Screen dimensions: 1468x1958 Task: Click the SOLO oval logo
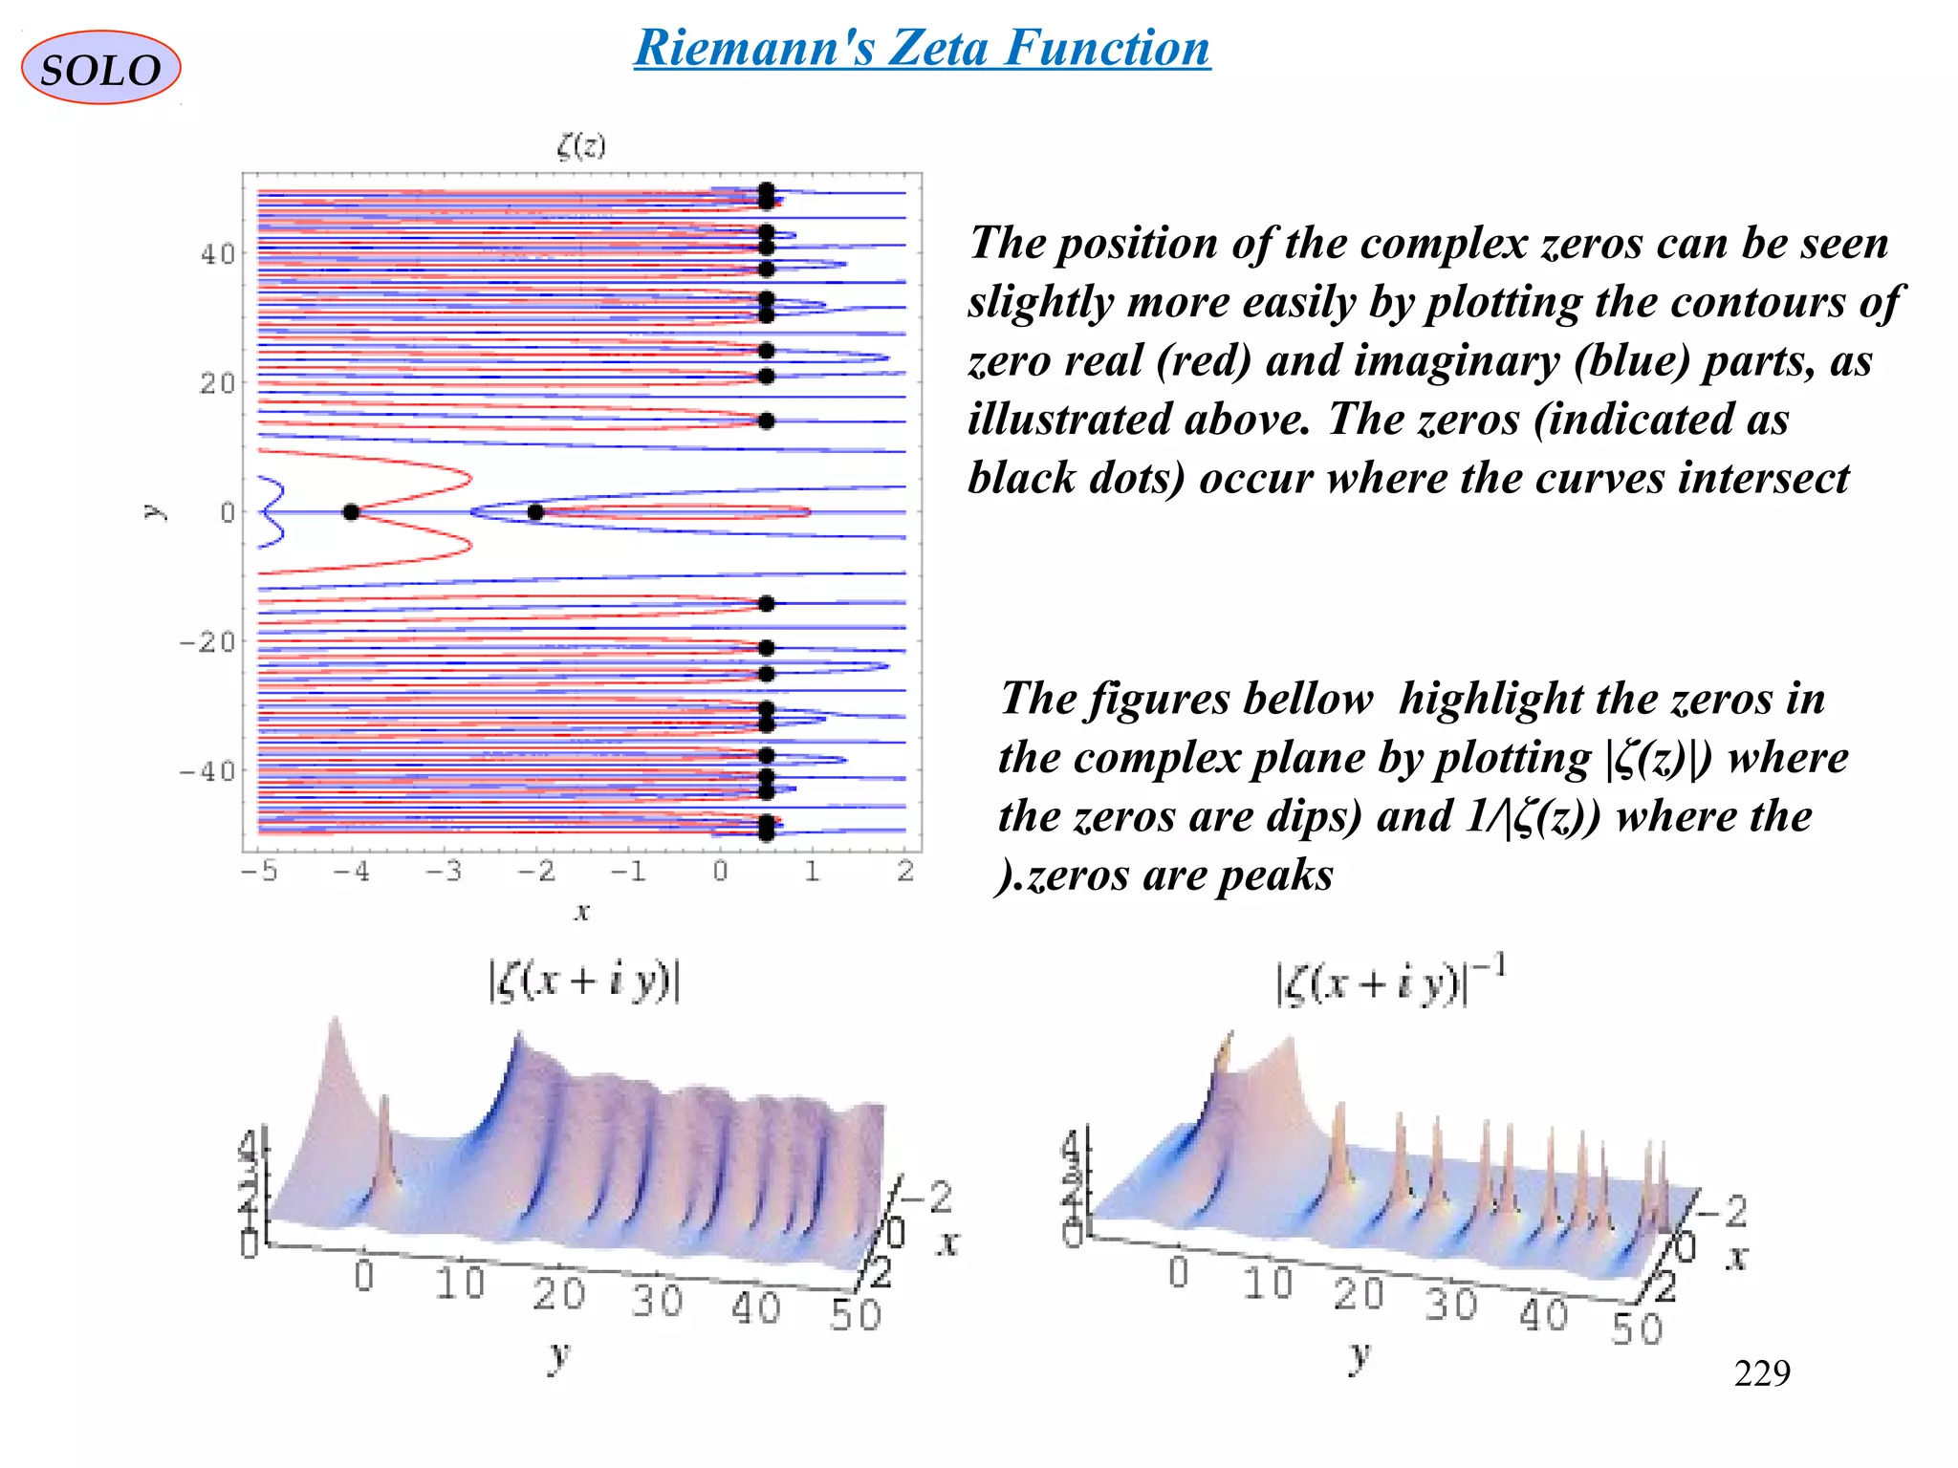[100, 68]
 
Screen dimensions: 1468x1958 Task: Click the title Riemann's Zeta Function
[923, 48]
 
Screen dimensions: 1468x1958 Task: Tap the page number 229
[1761, 1373]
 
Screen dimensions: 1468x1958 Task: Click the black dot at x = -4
[351, 512]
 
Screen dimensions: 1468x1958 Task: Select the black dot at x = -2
[535, 512]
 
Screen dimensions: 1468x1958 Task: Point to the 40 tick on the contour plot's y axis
[217, 254]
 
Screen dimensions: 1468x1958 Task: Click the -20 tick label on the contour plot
[207, 641]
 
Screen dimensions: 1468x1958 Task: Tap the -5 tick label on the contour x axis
[258, 872]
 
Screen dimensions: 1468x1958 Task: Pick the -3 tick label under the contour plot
[443, 872]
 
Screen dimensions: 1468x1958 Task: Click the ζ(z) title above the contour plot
[581, 145]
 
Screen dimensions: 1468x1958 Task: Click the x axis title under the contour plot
[581, 911]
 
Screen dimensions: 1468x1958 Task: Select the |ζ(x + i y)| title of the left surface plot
[584, 982]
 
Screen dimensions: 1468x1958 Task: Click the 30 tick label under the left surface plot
[657, 1301]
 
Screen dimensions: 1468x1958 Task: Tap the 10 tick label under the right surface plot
[1268, 1284]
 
